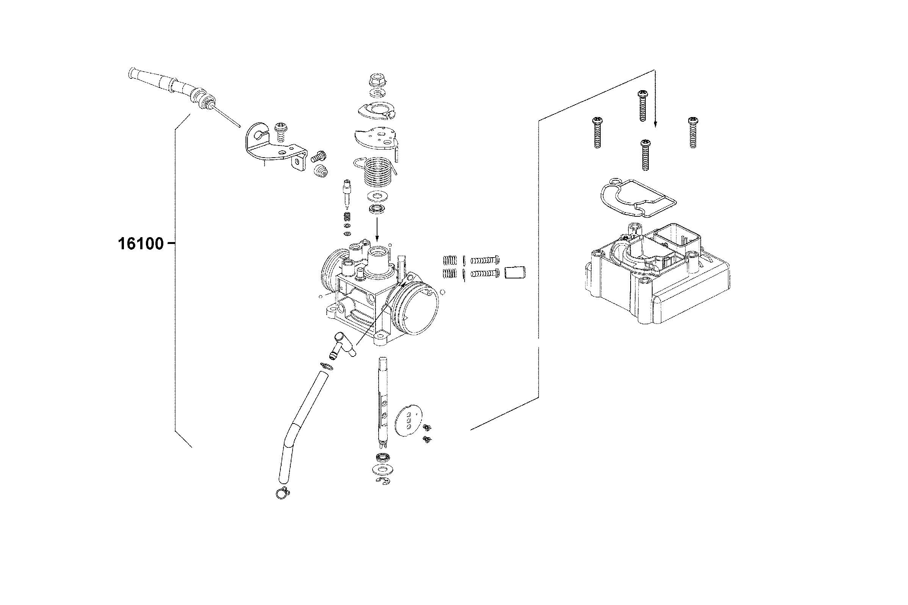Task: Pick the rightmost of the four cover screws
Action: click(x=692, y=132)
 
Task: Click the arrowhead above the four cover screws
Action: click(x=654, y=124)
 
